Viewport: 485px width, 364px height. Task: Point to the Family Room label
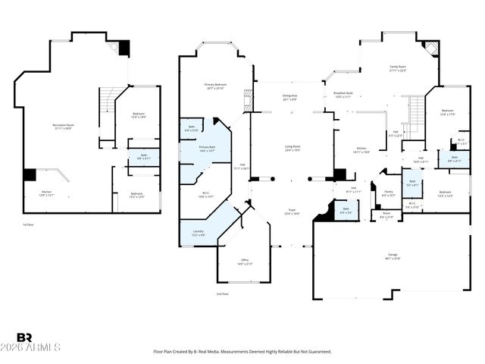pos(398,69)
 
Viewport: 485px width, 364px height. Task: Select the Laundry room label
pos(198,234)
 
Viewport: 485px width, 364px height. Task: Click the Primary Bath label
pos(208,149)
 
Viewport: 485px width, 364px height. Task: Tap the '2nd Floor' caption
pos(222,293)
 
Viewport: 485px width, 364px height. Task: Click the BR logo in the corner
pos(24,337)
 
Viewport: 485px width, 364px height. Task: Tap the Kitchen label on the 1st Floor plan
pos(46,193)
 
